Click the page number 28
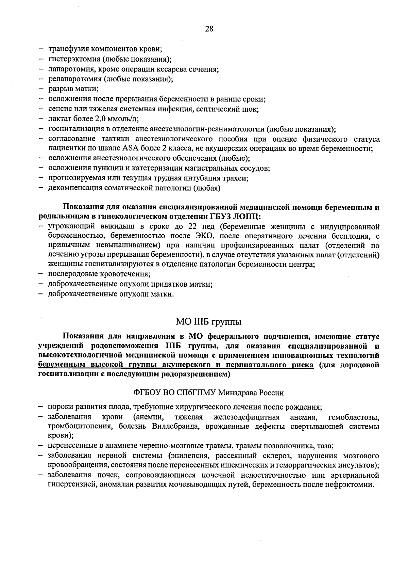click(x=209, y=29)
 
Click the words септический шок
click(x=235, y=109)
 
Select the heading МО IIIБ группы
click(x=209, y=322)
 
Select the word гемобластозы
click(x=354, y=417)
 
